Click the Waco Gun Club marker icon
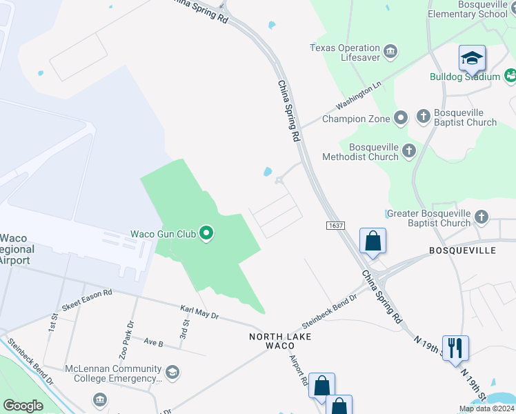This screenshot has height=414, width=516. point(206,234)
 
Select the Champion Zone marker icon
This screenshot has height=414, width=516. point(401,119)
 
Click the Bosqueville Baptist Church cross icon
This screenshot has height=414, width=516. point(423,117)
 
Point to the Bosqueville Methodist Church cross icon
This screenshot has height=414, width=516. point(409,150)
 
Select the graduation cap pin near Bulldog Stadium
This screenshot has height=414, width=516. point(472,59)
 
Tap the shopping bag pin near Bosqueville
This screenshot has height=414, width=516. point(373,241)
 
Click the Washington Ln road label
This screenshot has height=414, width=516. point(358,97)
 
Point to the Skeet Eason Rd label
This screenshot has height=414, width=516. point(86,299)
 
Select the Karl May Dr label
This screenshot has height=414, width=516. point(199,313)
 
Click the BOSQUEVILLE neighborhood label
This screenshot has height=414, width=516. point(462,250)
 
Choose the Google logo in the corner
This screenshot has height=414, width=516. point(23,405)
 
